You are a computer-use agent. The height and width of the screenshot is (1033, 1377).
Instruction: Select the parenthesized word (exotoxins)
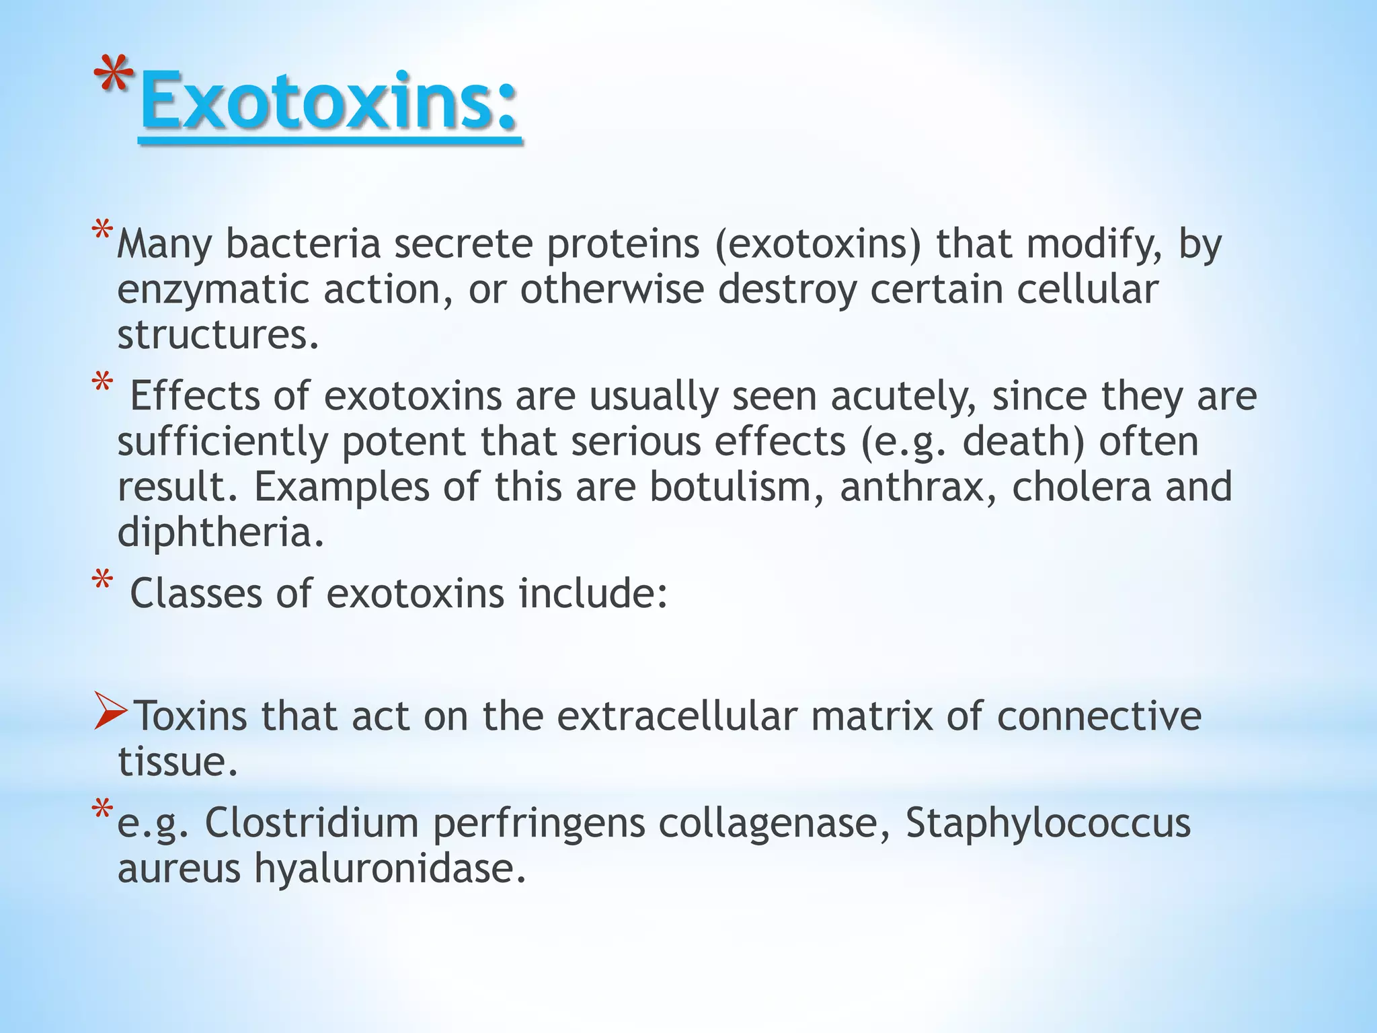(818, 243)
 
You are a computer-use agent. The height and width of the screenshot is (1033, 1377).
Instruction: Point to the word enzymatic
(214, 291)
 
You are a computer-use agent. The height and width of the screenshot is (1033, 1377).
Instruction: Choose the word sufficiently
(223, 442)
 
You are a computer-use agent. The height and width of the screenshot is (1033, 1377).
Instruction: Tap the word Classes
(195, 594)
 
